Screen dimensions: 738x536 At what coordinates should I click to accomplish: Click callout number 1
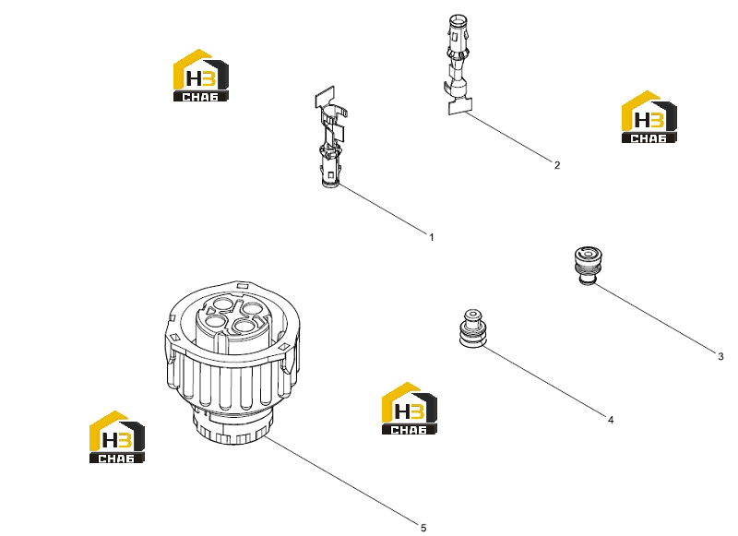431,238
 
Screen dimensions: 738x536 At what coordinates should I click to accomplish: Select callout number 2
557,165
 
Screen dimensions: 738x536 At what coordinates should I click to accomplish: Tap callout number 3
720,356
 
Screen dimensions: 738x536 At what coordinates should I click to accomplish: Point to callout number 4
611,420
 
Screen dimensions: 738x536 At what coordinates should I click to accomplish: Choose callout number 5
423,528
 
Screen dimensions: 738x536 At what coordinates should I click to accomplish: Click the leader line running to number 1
382,208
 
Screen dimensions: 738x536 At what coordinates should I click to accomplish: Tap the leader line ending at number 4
544,381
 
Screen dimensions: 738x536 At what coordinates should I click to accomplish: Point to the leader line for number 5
341,480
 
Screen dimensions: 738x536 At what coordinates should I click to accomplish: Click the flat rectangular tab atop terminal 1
325,97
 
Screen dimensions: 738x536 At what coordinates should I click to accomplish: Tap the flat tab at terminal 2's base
459,106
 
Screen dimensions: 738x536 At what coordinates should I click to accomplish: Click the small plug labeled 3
588,265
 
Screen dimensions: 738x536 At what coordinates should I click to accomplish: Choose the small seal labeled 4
472,329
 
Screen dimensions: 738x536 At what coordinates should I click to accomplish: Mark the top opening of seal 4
472,314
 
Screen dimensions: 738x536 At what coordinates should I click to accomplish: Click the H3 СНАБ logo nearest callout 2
649,117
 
